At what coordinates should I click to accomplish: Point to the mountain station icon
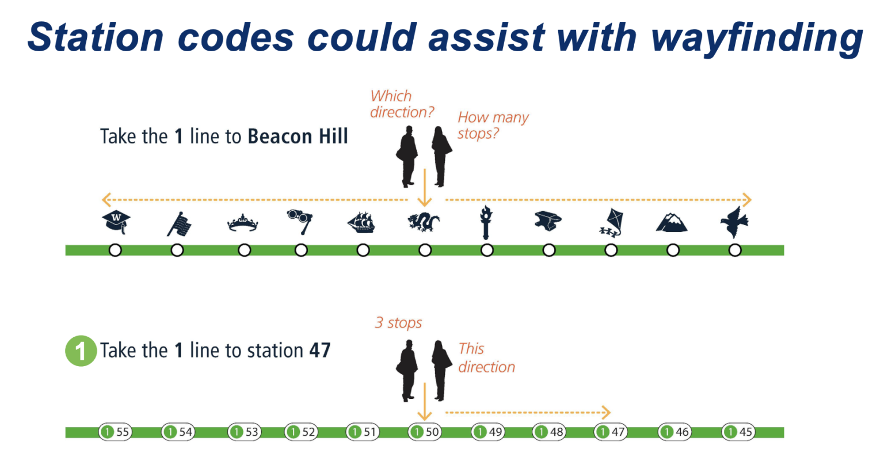pos(672,222)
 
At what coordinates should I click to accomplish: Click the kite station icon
pos(611,223)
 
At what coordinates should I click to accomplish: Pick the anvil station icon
pos(548,222)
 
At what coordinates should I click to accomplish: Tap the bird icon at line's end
pos(734,222)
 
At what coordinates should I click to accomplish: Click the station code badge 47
pos(611,432)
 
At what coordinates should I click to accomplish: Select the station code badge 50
pos(424,432)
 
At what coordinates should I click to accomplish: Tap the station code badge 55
pos(115,432)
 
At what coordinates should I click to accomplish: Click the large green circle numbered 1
pos(81,351)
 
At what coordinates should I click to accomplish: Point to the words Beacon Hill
pos(298,136)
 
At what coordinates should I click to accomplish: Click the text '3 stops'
pos(398,323)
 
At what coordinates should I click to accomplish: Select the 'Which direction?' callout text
pos(401,104)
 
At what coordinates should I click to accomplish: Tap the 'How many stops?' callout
pos(493,125)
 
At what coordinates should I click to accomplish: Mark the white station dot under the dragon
pos(425,250)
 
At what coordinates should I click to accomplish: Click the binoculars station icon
pos(300,222)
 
